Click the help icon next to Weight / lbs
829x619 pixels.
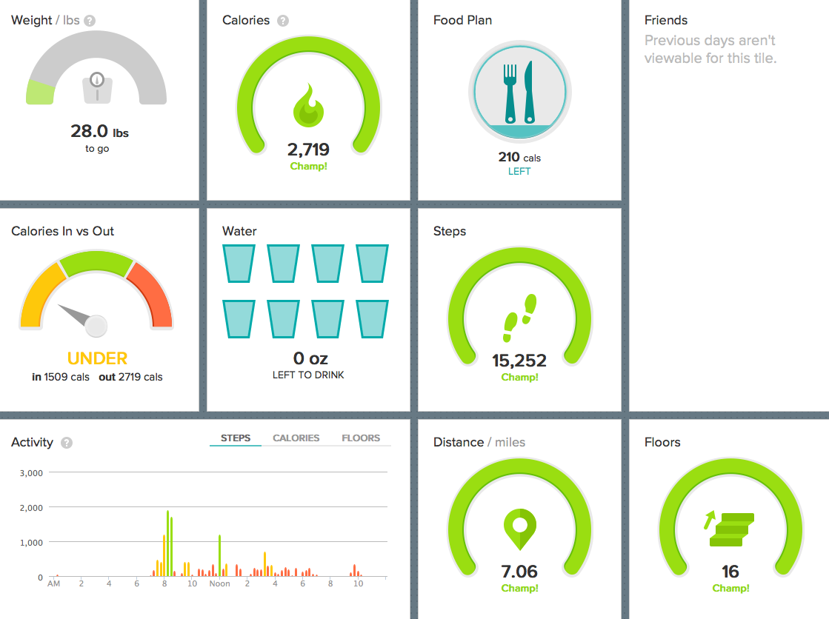(x=90, y=21)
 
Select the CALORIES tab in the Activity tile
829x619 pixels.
(x=296, y=438)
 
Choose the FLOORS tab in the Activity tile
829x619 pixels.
(x=361, y=438)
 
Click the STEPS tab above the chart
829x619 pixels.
(x=236, y=438)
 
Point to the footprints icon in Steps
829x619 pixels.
(x=519, y=318)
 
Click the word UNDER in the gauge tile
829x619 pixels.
(x=97, y=358)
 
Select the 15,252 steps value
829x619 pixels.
(x=519, y=361)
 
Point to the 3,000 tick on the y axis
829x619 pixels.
(x=31, y=472)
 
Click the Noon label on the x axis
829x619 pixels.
(x=219, y=583)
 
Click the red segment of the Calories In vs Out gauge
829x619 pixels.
(x=154, y=294)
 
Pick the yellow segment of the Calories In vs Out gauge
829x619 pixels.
(x=40, y=294)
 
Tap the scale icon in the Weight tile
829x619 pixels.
(x=97, y=88)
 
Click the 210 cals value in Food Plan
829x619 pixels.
(x=519, y=157)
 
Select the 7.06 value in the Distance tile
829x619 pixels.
(x=519, y=572)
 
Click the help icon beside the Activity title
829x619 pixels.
(x=67, y=443)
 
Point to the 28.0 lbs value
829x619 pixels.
(x=99, y=131)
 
